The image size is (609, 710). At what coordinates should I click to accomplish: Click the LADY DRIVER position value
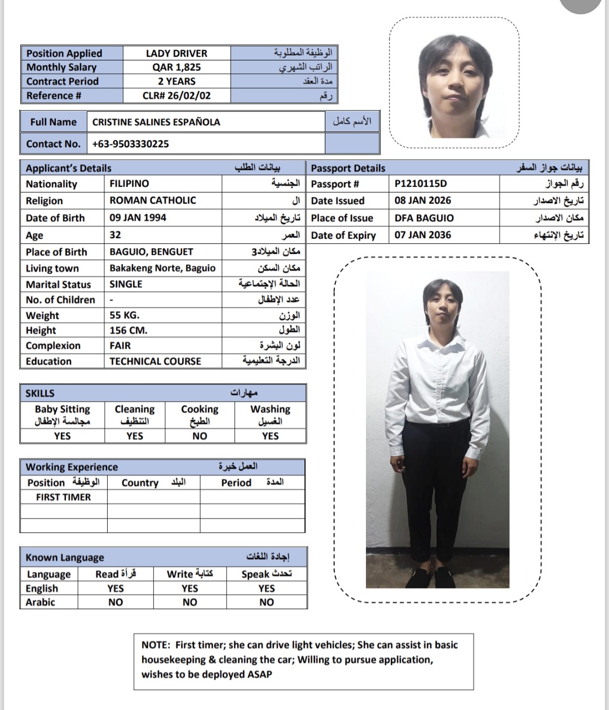point(176,54)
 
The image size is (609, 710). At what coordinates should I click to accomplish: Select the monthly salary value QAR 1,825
point(176,67)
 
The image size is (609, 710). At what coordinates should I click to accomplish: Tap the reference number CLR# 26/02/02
point(176,95)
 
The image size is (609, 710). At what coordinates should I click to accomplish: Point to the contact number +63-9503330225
point(131,144)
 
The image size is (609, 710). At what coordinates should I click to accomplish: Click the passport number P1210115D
point(421,183)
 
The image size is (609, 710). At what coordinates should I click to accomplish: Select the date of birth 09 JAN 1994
point(138,218)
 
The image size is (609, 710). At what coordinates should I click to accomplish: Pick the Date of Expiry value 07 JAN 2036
point(423,235)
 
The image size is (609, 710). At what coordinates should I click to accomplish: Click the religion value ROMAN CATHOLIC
point(153,200)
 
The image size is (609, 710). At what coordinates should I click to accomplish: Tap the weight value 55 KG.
point(124,315)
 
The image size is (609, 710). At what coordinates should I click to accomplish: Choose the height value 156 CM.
point(128,330)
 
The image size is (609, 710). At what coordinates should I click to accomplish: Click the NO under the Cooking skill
point(200,436)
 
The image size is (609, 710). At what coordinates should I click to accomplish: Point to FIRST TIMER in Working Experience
point(63,497)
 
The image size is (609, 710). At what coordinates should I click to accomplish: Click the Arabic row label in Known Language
point(40,602)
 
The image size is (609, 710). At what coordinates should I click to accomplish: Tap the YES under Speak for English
point(267,588)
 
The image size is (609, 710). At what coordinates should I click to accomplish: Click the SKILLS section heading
point(40,393)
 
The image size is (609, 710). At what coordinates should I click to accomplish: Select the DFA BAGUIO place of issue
point(424,218)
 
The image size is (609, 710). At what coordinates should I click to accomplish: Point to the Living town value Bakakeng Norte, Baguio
point(162,268)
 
